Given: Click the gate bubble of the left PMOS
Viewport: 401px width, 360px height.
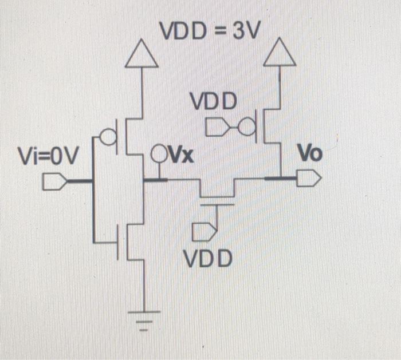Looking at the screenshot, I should (105, 137).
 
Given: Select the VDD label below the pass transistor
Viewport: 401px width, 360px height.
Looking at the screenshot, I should (209, 259).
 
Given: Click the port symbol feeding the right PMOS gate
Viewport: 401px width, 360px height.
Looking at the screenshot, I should (216, 124).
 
